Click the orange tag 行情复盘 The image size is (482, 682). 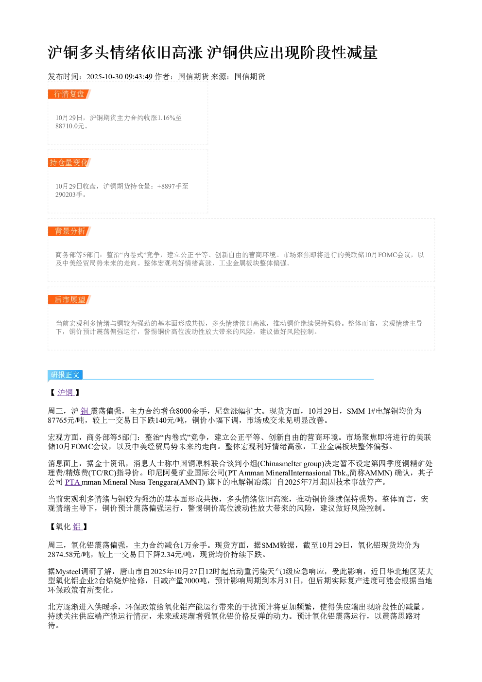point(69,94)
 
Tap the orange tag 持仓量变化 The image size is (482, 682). point(69,162)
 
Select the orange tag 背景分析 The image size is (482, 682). point(69,231)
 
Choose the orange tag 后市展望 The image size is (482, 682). point(69,299)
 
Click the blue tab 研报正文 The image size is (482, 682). point(65,374)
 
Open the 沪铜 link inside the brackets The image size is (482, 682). point(66,393)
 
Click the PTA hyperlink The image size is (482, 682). point(73,482)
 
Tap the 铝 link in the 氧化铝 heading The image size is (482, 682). point(77,527)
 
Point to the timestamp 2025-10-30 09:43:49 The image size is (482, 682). point(119,76)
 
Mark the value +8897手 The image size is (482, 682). point(170,186)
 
